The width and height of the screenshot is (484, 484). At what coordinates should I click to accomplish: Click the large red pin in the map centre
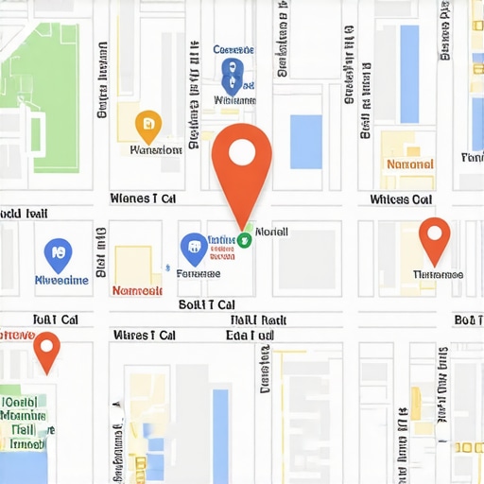coord(242,156)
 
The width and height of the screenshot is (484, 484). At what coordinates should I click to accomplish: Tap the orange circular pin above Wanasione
coord(148,124)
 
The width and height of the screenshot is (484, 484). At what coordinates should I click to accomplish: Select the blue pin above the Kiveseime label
coord(58,252)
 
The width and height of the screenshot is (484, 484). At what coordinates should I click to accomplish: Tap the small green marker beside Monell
coord(245,239)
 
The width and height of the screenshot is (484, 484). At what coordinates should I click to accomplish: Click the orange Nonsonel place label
coord(410,164)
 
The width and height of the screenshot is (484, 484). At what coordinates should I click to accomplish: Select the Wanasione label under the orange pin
coord(156,149)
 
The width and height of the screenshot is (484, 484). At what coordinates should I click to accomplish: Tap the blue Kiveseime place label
coord(60,280)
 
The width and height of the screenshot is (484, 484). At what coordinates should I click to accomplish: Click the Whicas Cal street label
coord(402,199)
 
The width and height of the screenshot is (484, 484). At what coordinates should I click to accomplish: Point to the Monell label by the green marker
coord(272,232)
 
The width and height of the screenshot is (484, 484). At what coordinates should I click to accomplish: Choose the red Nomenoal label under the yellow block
coord(137,290)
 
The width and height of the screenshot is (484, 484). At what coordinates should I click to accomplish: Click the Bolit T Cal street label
coord(207,304)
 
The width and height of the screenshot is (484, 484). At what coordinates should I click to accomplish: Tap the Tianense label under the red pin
coord(438,274)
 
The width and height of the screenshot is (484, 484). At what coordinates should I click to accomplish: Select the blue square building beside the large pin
coord(305,142)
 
